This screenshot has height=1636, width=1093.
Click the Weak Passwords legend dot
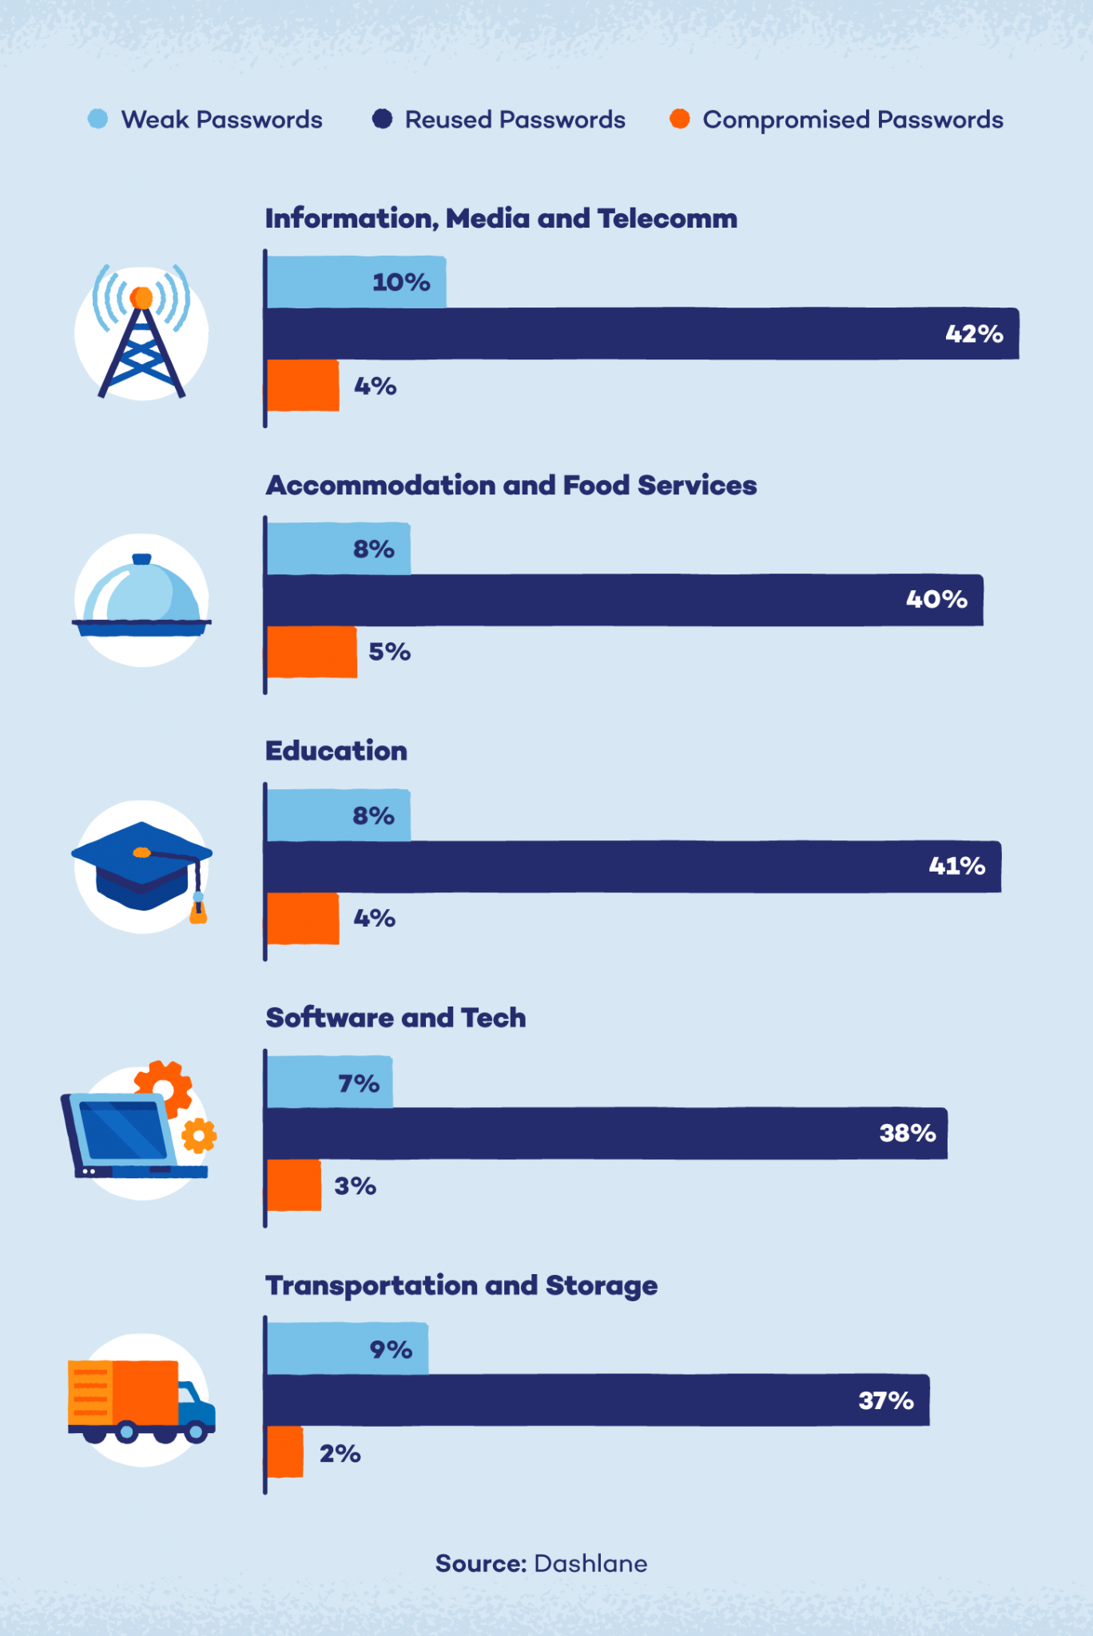point(97,120)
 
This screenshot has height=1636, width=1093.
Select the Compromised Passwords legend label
point(852,120)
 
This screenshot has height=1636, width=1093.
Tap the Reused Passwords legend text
point(515,120)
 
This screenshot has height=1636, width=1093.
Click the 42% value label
point(974,334)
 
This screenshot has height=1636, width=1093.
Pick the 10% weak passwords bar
point(356,282)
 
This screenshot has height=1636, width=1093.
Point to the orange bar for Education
point(303,919)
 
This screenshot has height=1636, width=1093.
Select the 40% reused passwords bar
point(623,600)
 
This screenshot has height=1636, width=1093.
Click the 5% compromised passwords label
point(389,652)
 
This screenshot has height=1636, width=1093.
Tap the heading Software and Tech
point(395,1018)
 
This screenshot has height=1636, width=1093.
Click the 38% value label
point(907,1133)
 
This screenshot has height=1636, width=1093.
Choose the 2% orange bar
point(285,1452)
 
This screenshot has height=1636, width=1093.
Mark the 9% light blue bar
point(347,1349)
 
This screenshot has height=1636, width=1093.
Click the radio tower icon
point(141,334)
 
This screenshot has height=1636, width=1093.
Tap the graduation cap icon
point(141,868)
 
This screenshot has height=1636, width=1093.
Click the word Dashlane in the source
point(590,1563)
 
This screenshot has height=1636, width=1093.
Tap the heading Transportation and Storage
point(461,1285)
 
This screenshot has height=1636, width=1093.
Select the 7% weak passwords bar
point(329,1082)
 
